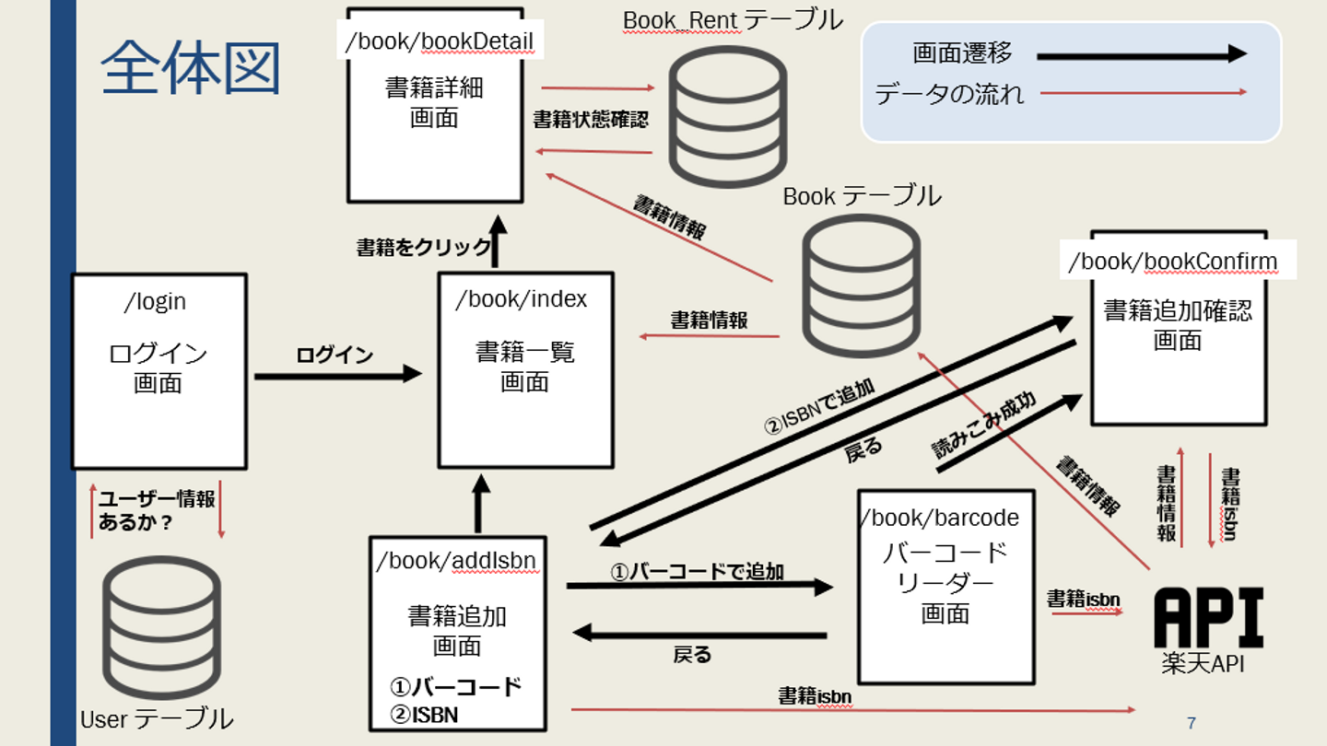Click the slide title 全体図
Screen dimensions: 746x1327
191,68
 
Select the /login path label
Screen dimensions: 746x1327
155,301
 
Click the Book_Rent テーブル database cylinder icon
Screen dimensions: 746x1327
727,116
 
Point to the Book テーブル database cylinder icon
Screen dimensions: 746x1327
862,286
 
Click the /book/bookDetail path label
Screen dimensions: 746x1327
439,41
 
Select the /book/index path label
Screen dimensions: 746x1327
522,299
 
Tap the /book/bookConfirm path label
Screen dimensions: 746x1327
1173,262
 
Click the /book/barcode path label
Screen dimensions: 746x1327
941,518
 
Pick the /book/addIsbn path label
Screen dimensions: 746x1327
456,561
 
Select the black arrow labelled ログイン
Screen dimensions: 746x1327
337,374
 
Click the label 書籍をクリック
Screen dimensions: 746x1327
424,247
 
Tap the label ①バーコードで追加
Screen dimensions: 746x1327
698,572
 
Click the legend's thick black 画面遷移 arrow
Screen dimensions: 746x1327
1141,55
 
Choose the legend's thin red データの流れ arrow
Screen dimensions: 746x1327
1143,92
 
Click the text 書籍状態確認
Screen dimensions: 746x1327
591,120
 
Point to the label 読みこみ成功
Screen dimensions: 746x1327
983,426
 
